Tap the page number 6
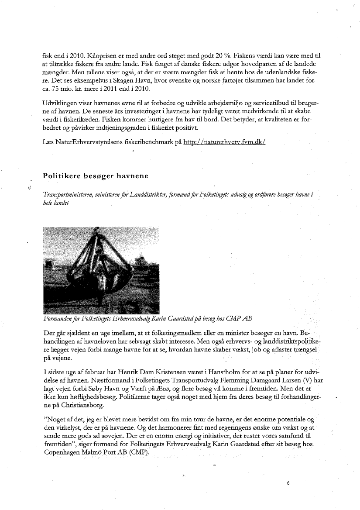(288, 483)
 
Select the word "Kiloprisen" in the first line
(103, 55)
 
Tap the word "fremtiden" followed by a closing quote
(57, 444)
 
